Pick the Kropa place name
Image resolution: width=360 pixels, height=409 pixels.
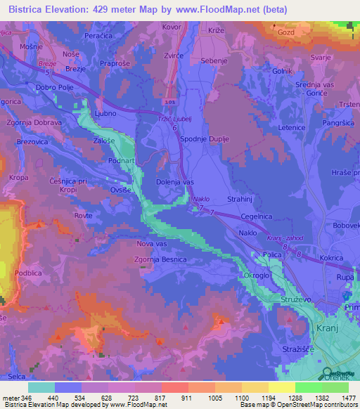[x=19, y=178]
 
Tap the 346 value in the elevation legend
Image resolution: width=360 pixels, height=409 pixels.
[x=27, y=397]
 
